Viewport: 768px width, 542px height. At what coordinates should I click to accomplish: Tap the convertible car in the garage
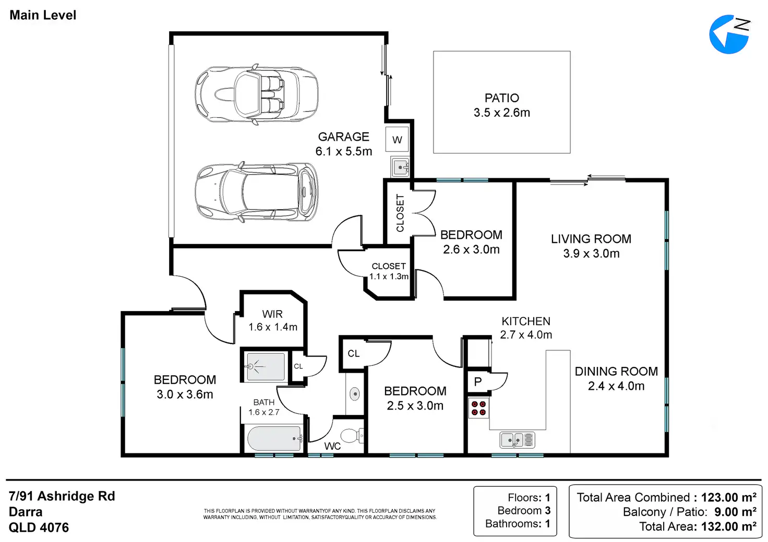257,94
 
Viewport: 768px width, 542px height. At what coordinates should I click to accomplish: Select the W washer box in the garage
397,139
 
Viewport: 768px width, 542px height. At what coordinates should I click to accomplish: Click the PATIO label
501,98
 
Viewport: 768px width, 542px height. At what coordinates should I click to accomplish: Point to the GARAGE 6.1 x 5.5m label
343,144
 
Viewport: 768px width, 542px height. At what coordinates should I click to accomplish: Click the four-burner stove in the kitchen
478,408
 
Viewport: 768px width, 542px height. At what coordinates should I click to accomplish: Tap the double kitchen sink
518,440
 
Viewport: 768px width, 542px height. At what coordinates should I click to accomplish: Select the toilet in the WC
353,436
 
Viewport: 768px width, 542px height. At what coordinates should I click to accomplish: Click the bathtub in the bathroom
275,438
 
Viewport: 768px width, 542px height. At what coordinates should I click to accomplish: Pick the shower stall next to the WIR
266,367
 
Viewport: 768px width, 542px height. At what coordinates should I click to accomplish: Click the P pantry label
477,381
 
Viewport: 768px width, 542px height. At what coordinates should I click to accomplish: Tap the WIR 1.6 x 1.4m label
272,321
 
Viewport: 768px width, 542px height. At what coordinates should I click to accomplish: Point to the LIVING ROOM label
591,239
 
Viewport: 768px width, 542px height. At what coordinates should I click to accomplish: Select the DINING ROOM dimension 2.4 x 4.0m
616,386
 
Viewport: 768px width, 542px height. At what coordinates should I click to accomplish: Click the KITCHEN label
526,321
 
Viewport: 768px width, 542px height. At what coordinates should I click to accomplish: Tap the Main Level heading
43,15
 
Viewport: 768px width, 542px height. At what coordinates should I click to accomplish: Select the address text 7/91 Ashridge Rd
62,496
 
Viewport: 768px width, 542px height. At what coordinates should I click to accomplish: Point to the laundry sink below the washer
400,167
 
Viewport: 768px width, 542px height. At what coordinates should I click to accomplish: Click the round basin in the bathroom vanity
355,394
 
